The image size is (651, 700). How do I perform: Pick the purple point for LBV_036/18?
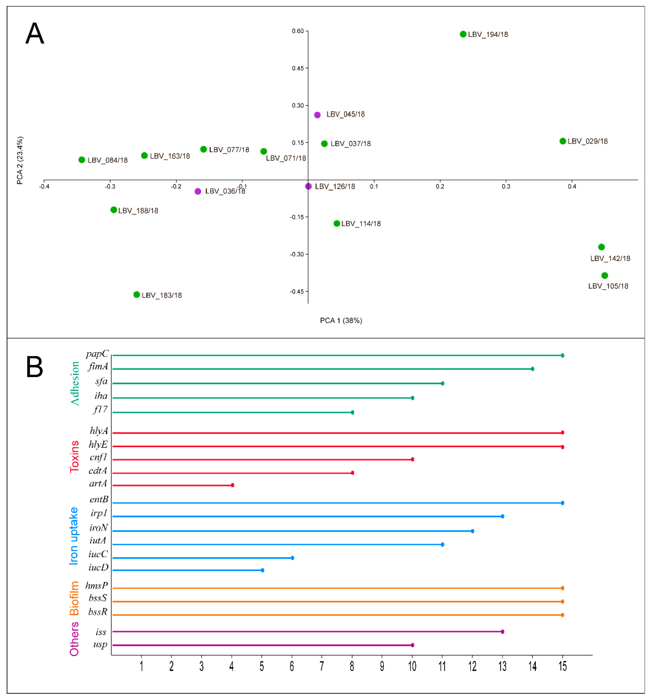pyautogui.click(x=198, y=191)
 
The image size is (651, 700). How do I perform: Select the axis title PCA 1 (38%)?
pyautogui.click(x=341, y=320)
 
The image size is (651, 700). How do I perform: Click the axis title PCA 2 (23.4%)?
pyautogui.click(x=20, y=160)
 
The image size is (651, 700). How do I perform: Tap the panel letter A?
pyautogui.click(x=35, y=33)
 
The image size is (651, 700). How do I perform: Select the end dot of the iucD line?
pyautogui.click(x=262, y=570)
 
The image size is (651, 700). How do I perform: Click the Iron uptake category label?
pyautogui.click(x=73, y=536)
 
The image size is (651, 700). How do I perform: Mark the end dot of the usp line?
pyautogui.click(x=412, y=645)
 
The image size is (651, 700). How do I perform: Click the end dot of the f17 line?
pyautogui.click(x=352, y=412)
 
